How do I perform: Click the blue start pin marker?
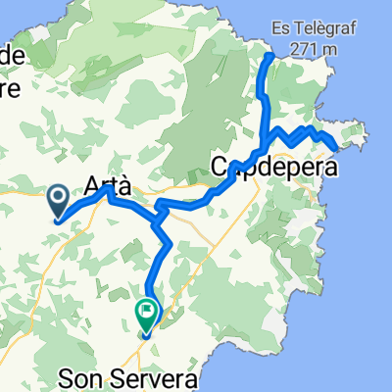pyautogui.click(x=57, y=201)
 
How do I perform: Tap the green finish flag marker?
pyautogui.click(x=147, y=313)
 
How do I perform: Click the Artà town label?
pyautogui.click(x=108, y=183)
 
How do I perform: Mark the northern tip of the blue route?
pyautogui.click(x=270, y=56)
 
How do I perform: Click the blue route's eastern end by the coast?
pyautogui.click(x=337, y=149)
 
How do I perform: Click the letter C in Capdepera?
pyautogui.click(x=221, y=168)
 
